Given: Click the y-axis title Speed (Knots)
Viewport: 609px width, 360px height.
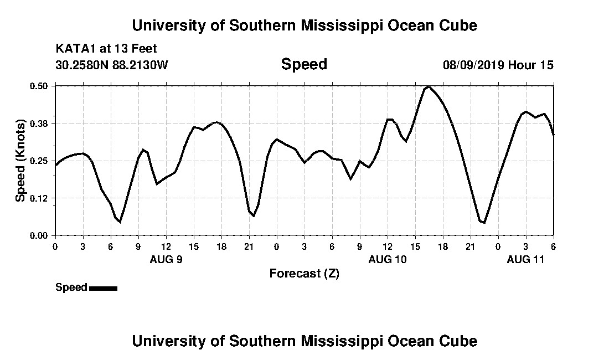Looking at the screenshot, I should [20, 161].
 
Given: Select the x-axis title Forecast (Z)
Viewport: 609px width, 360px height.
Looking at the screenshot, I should [304, 273].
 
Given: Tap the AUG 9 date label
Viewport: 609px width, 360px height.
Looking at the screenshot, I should [166, 259].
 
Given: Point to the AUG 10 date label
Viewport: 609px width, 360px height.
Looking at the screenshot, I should [388, 259].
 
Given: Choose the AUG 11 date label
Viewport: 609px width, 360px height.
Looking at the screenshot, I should [526, 259].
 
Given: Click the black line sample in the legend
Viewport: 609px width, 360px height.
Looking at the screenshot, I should [103, 288].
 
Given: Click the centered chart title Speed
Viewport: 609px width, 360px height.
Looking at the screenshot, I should [304, 64].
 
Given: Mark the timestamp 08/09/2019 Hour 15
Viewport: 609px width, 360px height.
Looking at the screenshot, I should [498, 65].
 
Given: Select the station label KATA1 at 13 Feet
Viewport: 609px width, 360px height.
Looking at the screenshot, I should [106, 49].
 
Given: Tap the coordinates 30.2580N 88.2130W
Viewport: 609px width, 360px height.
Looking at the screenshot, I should [111, 65].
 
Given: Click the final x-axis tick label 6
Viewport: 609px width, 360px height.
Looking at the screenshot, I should [553, 246].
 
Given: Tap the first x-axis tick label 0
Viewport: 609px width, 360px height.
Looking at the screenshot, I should [55, 246].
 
